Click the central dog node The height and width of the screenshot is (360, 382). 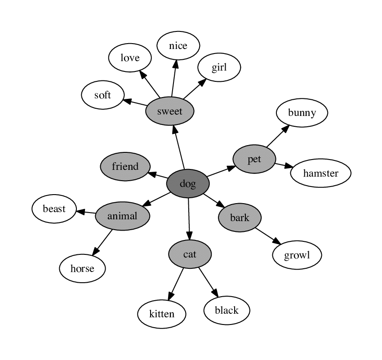coord(187,183)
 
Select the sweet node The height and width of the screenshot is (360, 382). coord(170,111)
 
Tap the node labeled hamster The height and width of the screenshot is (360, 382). coord(320,173)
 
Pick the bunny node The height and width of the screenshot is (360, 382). coord(302,112)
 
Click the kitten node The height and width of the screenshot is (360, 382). coord(161,313)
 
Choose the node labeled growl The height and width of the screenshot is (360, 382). coord(297,256)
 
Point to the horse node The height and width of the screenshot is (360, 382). coord(82,269)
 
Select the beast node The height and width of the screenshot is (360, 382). coord(54,209)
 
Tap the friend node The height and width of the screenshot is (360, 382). coord(125,167)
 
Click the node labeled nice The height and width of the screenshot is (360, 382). coord(178,45)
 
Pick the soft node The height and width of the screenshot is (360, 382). coord(102,95)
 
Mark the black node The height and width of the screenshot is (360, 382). coord(227,310)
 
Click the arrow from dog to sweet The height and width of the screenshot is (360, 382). coord(179,147)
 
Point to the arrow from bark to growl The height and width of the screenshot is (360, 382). coord(268,236)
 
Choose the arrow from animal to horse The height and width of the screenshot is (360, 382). coord(102,243)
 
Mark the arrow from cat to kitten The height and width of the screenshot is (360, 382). coord(176,284)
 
